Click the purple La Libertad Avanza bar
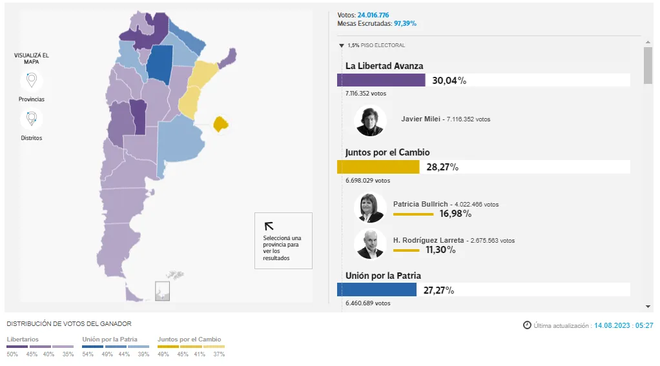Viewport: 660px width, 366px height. coord(381,80)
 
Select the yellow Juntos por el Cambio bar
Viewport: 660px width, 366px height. coord(378,167)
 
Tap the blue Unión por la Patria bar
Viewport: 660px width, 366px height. coord(376,290)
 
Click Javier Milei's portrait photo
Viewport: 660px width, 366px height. coord(371,121)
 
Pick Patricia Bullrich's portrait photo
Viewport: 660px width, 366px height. coord(371,208)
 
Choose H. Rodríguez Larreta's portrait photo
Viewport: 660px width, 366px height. coord(371,244)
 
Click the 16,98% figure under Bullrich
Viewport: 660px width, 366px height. coord(455,214)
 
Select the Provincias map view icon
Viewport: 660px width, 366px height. coord(31,81)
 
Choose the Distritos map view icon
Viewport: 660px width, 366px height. coord(31,119)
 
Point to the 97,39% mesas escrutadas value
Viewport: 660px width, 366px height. coord(406,23)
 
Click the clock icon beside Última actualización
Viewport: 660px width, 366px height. coord(527,325)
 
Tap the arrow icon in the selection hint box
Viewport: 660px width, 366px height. coord(269,226)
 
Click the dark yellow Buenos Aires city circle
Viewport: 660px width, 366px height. coord(221,123)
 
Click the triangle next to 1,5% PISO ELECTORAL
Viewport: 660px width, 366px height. coord(341,45)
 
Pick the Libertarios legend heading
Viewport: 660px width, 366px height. coord(23,339)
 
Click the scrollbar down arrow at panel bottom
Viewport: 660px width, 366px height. coord(648,306)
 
